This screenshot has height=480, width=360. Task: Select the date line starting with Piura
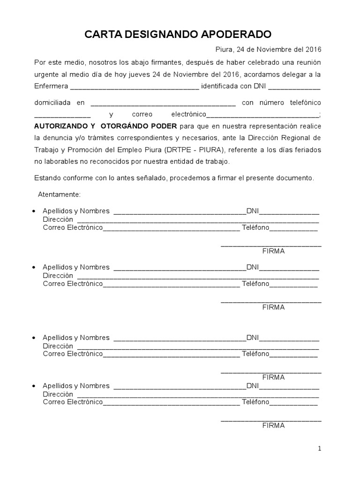pos(268,50)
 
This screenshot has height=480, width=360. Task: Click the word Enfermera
pos(51,86)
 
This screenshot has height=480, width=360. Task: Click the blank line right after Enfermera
pos(134,87)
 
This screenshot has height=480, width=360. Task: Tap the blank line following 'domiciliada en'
pos(163,104)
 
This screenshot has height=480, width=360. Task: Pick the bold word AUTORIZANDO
pos(60,126)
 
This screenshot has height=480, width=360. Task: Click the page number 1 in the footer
pos(320,449)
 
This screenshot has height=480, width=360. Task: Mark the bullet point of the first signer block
pos(33,211)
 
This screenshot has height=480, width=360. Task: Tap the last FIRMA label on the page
pos(273,426)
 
